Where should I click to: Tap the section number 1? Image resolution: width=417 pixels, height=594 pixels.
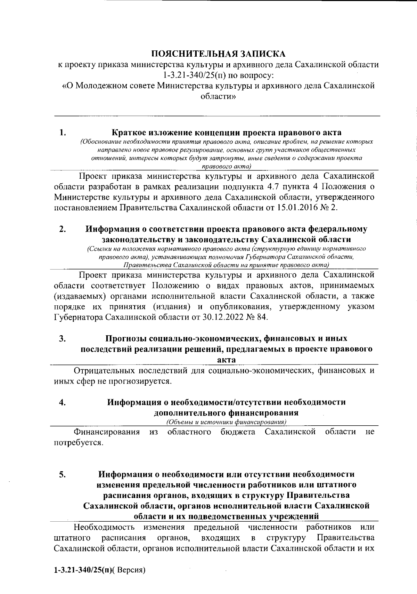63,133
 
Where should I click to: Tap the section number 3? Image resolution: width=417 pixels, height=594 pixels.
63,338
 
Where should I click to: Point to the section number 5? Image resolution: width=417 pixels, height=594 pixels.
63,474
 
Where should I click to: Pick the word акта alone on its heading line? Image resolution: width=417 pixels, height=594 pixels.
226,359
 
